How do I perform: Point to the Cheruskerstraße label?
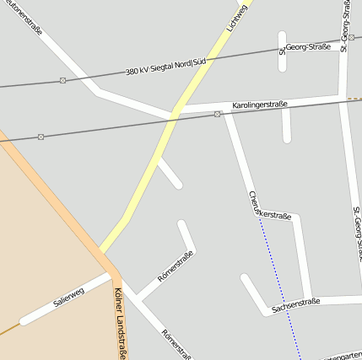coord(269,207)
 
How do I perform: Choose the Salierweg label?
coord(68,297)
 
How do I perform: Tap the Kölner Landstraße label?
coord(119,324)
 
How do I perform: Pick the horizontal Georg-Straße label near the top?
coord(307,47)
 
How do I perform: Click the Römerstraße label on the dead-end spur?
coord(176,266)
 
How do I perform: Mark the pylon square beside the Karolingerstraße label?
coord(217,114)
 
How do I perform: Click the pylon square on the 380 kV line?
coord(62,81)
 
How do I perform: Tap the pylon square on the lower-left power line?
coord(41,137)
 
